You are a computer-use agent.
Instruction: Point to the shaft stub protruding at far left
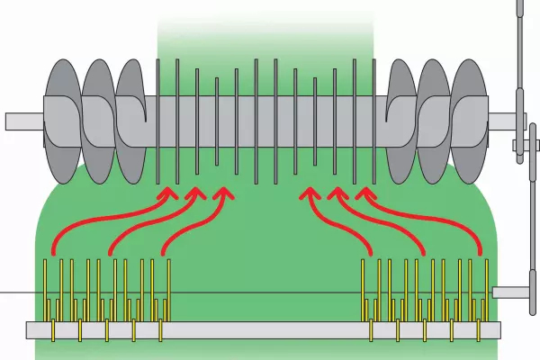(x=18, y=121)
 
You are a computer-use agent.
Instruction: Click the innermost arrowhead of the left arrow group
(x=222, y=192)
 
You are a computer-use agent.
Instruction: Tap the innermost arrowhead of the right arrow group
(x=309, y=192)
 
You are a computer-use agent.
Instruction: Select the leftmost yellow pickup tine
(x=47, y=288)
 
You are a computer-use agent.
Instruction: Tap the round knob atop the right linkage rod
(x=519, y=5)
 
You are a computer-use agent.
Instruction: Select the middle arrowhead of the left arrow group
(x=195, y=192)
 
